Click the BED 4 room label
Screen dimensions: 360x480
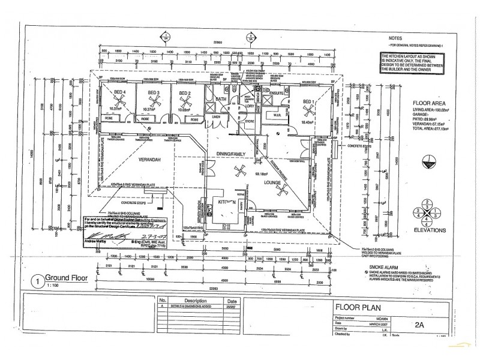tap(119, 92)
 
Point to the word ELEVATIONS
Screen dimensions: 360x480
tap(427, 229)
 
